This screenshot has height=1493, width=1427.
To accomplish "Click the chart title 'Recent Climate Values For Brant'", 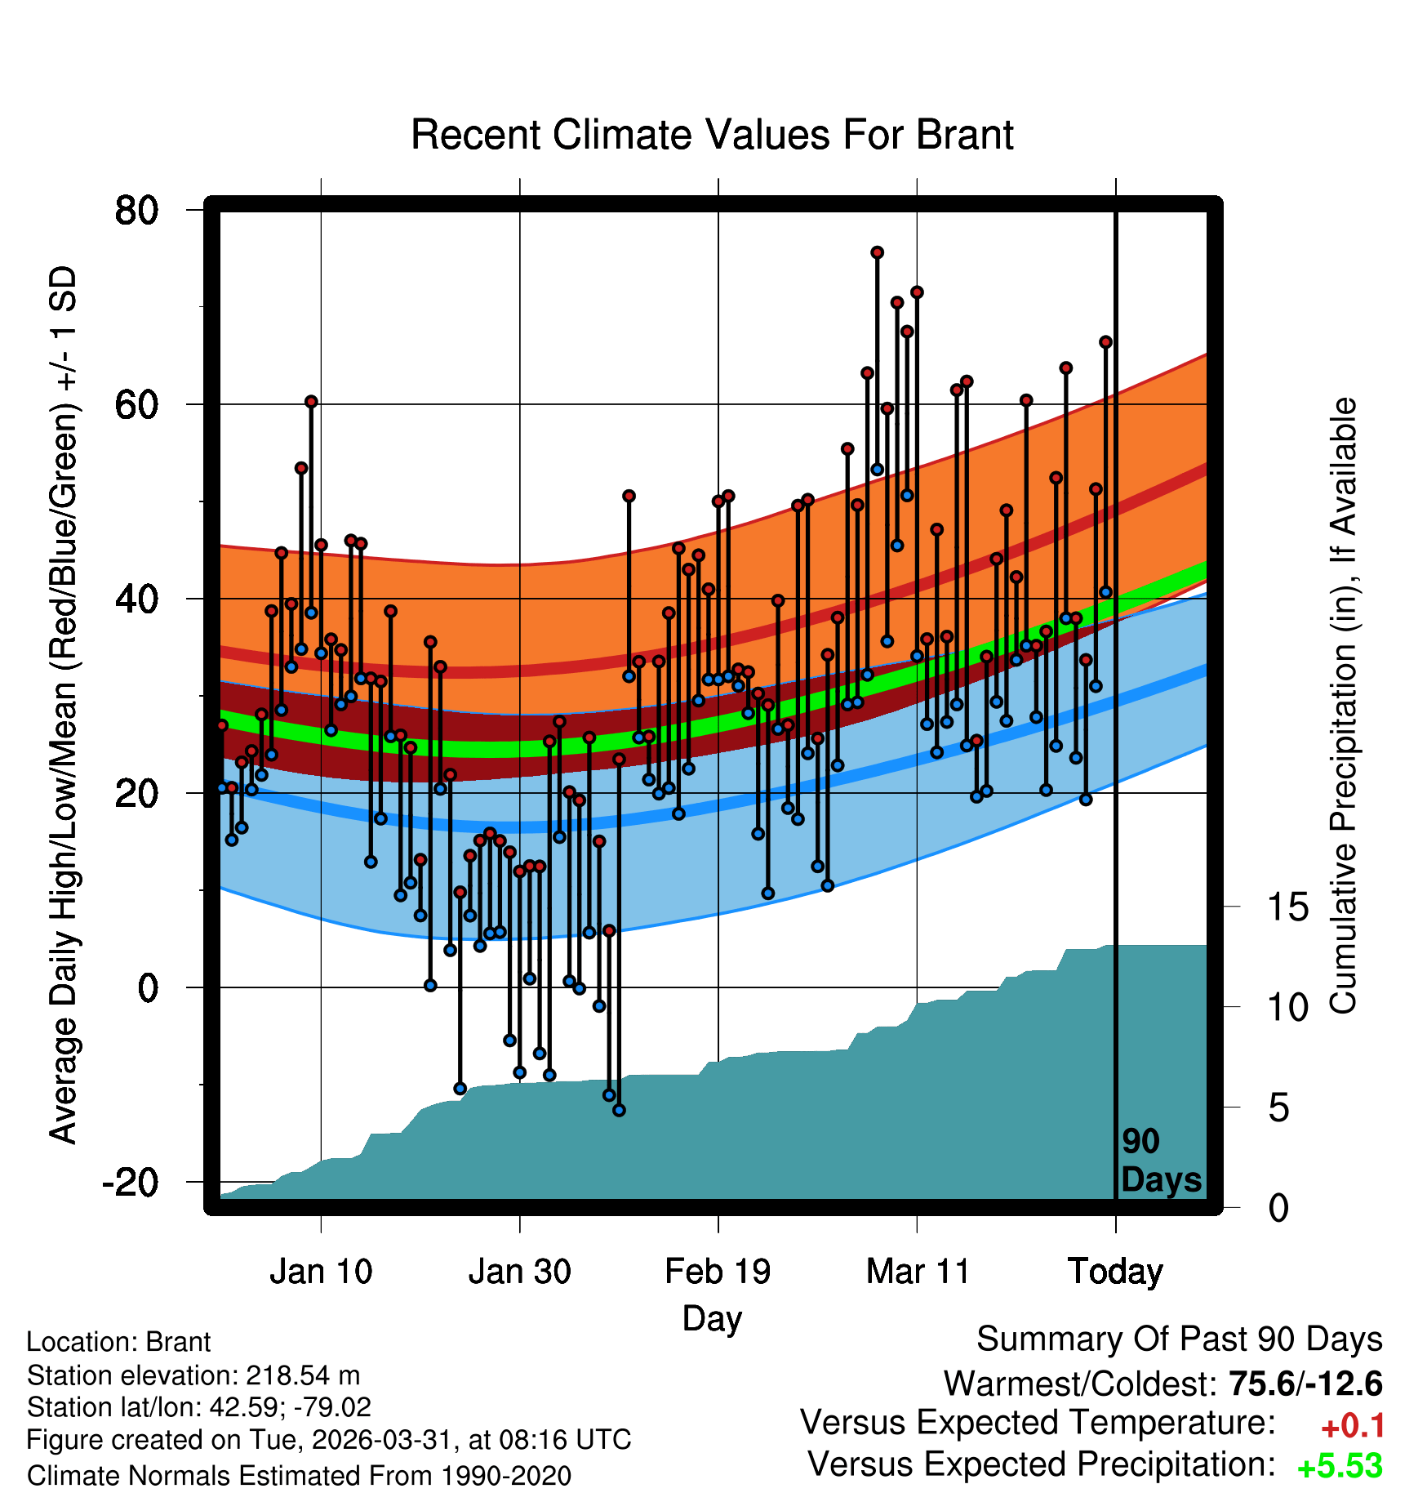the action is [x=712, y=135].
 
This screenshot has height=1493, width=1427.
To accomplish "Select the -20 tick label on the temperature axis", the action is [x=130, y=1182].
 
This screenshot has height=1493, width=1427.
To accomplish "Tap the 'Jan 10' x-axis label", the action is [x=321, y=1271].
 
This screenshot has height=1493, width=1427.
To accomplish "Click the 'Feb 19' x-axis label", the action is [x=718, y=1271].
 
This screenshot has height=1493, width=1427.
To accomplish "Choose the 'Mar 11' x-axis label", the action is [x=917, y=1271].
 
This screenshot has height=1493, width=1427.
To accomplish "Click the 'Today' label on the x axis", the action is [x=1115, y=1272].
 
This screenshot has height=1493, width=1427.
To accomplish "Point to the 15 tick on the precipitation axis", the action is [x=1287, y=907].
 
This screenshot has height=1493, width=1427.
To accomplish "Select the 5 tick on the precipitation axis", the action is [x=1278, y=1108].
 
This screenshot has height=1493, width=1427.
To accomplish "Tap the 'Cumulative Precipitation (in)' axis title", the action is [x=1343, y=706].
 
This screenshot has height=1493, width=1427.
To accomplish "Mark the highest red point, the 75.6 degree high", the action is [x=877, y=253].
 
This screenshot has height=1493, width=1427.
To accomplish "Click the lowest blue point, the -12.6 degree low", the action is [x=619, y=1110].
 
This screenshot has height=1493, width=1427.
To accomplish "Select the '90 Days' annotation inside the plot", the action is [x=1161, y=1161].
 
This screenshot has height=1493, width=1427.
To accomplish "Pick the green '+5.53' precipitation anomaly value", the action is [x=1340, y=1466].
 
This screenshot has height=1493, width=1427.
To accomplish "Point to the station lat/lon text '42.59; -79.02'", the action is [x=291, y=1407].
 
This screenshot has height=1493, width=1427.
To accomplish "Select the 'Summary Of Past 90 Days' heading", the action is [x=1180, y=1339].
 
